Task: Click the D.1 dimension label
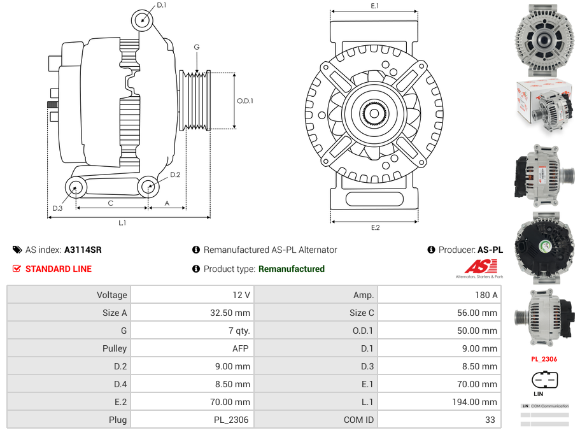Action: (x=161, y=5)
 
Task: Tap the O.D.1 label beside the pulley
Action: (x=245, y=101)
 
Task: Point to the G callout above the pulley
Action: (x=197, y=47)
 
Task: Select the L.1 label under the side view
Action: (x=122, y=223)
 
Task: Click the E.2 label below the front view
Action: (x=375, y=227)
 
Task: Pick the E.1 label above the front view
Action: (x=374, y=6)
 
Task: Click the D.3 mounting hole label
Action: (x=57, y=208)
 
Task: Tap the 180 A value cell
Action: (x=486, y=295)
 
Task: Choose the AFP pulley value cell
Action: (x=241, y=348)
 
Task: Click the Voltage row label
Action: (x=112, y=295)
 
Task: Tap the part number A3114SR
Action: (x=83, y=250)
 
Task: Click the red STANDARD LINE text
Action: (x=59, y=269)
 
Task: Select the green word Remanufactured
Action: (x=292, y=269)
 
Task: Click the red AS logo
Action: (x=476, y=267)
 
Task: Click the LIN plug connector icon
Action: (x=544, y=380)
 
